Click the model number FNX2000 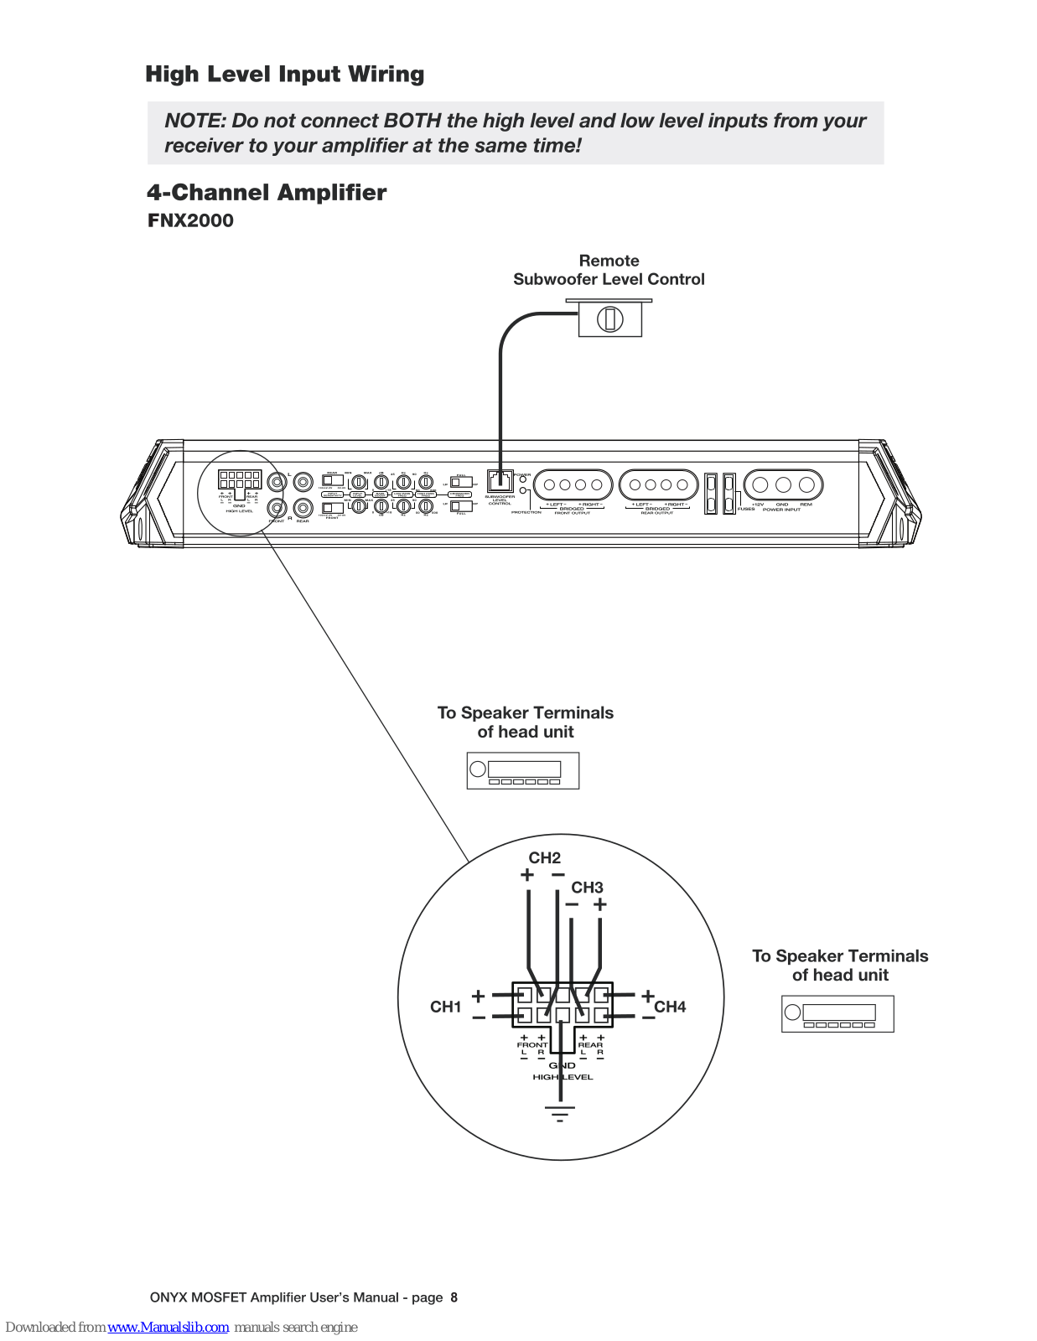pyautogui.click(x=190, y=221)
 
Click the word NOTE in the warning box pyautogui.click(x=194, y=121)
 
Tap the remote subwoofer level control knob pyautogui.click(x=609, y=319)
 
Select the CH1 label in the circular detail pyautogui.click(x=446, y=1007)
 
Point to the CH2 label pyautogui.click(x=544, y=858)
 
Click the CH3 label pyautogui.click(x=587, y=888)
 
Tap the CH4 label pyautogui.click(x=670, y=1007)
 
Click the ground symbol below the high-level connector pyautogui.click(x=560, y=1114)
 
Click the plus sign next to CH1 pyautogui.click(x=478, y=996)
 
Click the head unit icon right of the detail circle pyautogui.click(x=837, y=1014)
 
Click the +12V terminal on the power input pyautogui.click(x=760, y=484)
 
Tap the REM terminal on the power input pyautogui.click(x=806, y=484)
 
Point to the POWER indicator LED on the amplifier pyautogui.click(x=523, y=480)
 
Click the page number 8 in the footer pyautogui.click(x=454, y=1297)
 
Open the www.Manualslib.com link pyautogui.click(x=168, y=1328)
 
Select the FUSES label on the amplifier pyautogui.click(x=746, y=509)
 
